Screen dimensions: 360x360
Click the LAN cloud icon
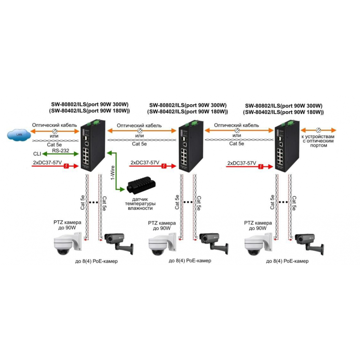pos(19,135)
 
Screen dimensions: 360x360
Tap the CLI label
pos(37,154)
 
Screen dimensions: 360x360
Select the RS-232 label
pos(61,151)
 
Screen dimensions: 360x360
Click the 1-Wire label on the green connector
pos(113,172)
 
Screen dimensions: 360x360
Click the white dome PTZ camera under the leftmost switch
pos(67,243)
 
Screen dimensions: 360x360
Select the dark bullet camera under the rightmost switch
pos(309,243)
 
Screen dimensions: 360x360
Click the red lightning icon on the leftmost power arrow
pos(66,166)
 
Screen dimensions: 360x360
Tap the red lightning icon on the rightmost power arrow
pos(261,166)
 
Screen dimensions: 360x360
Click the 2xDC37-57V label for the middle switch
pos(145,163)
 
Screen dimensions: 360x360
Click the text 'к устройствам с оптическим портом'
pos(318,141)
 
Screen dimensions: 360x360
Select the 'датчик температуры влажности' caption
pos(140,204)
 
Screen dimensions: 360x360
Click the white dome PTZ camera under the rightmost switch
pos(259,244)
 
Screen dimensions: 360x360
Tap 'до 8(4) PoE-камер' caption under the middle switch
pos(190,261)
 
